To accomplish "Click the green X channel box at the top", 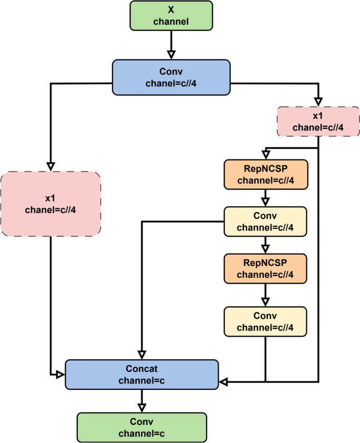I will (x=171, y=15).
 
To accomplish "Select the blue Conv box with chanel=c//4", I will (x=171, y=77).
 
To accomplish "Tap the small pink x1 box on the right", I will (x=318, y=121).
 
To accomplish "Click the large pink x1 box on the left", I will (x=50, y=203).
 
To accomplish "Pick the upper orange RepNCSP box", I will (x=265, y=175).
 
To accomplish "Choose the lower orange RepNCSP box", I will (x=265, y=268).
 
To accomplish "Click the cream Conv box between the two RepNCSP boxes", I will (x=265, y=221).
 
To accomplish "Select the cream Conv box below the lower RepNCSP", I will (x=265, y=323).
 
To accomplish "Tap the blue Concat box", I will (x=141, y=374).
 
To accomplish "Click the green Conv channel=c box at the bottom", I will (x=141, y=427).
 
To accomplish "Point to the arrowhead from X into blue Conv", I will (x=171, y=55).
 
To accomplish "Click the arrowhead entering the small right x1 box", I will (x=318, y=102).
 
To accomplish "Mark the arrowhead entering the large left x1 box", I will (x=50, y=166).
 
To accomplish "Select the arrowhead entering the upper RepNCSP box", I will (x=265, y=155).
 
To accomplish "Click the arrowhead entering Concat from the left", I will (x=60, y=374).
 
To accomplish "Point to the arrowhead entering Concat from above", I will (x=142, y=355).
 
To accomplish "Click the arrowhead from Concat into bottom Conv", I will (x=141, y=407).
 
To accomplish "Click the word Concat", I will (x=141, y=369).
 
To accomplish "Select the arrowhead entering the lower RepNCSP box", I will (x=265, y=248).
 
